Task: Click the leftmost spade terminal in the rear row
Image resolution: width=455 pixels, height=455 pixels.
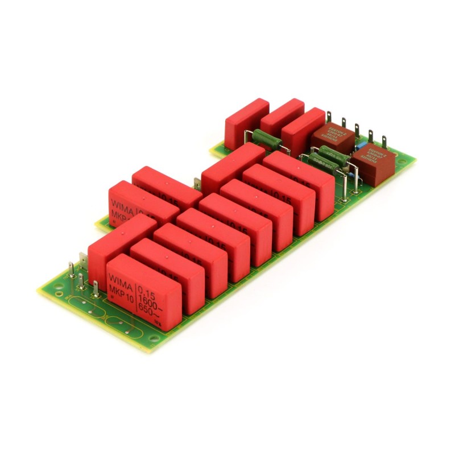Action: click(329, 117)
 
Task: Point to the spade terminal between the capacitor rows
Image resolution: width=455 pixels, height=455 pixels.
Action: click(197, 183)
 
